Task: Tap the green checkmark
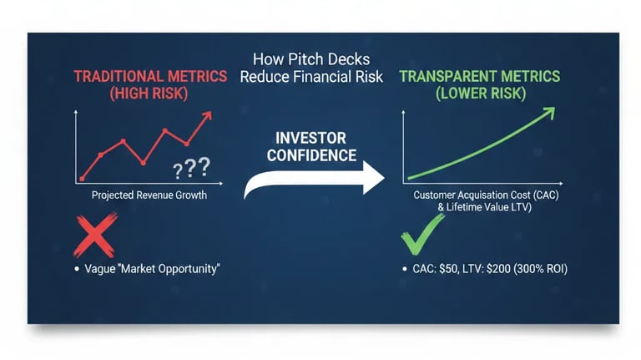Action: [422, 235]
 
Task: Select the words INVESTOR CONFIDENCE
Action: [313, 145]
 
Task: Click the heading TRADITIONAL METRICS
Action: [150, 76]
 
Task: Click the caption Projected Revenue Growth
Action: [148, 195]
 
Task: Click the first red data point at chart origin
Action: [82, 178]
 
